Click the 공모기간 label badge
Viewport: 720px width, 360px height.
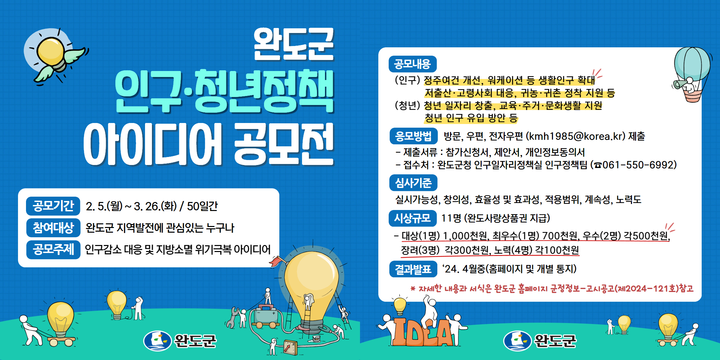[x=53, y=206]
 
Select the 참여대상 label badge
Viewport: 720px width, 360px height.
[x=53, y=228]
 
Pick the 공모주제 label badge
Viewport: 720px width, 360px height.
[x=53, y=249]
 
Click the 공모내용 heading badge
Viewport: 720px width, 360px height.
[x=413, y=64]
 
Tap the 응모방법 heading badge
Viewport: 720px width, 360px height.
[x=413, y=136]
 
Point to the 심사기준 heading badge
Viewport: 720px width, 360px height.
[x=413, y=183]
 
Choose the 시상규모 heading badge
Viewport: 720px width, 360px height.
[x=413, y=218]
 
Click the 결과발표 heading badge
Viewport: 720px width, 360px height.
[x=413, y=269]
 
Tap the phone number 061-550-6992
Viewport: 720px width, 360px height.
[x=638, y=165]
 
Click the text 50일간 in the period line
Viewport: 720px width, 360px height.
[x=202, y=206]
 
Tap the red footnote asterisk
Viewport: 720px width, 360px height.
[x=413, y=289]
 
